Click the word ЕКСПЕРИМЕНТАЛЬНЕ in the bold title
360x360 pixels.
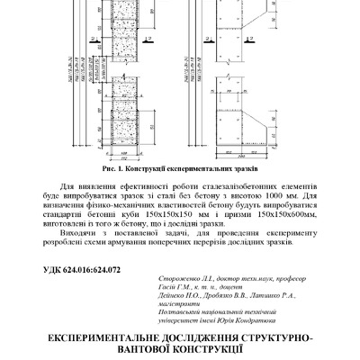(x=95, y=338)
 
